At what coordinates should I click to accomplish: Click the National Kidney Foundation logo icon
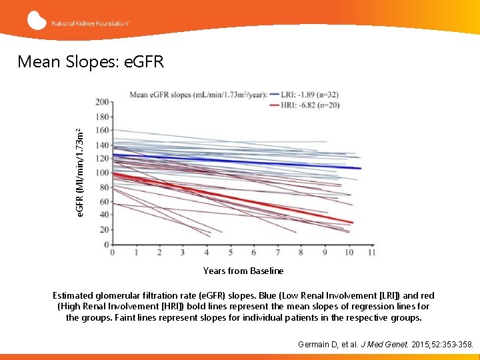[37, 20]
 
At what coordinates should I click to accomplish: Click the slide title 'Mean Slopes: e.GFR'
[90, 62]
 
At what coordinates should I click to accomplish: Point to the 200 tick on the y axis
[103, 102]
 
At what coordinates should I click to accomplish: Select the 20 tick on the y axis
[104, 230]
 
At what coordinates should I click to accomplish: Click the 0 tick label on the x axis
[112, 253]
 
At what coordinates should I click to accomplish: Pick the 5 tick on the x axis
[231, 253]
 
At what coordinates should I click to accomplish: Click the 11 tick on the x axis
[371, 253]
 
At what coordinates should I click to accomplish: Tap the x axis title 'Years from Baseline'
[243, 271]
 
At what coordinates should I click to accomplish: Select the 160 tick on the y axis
[103, 131]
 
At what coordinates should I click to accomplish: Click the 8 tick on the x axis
[301, 253]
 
